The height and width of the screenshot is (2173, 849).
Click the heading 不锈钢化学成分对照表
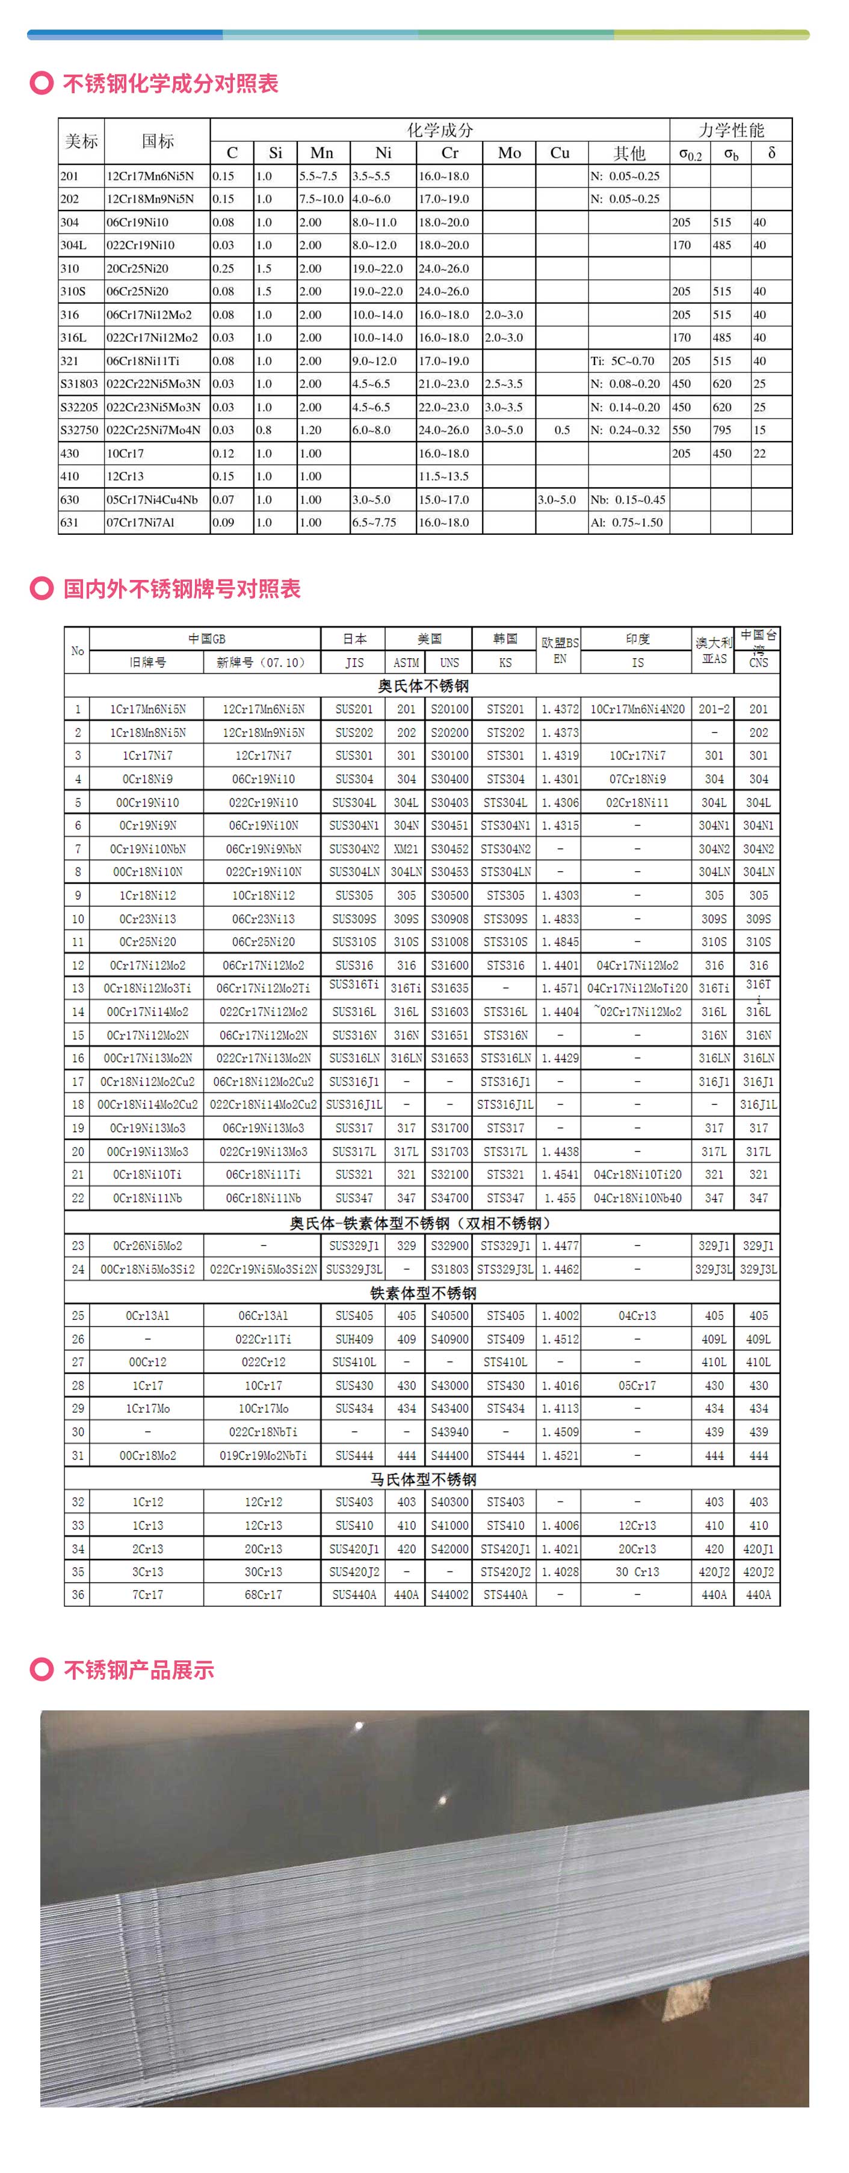[170, 84]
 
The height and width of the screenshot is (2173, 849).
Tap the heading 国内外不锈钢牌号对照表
[182, 589]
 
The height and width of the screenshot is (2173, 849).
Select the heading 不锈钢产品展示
[138, 1670]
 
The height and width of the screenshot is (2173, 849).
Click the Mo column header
[509, 153]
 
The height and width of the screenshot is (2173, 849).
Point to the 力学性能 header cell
[731, 130]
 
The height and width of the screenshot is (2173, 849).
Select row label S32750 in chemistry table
[79, 430]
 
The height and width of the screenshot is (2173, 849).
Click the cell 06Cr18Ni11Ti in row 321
[143, 361]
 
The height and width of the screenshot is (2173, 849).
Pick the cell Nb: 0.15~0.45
[628, 499]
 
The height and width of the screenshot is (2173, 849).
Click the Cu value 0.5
[562, 430]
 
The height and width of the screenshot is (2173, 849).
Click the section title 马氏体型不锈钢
[423, 1479]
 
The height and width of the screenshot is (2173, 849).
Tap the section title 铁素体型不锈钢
[423, 1292]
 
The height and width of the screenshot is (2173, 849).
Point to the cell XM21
[406, 849]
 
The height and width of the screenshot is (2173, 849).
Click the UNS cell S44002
[449, 1594]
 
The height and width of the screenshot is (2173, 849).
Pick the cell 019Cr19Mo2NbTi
[264, 1455]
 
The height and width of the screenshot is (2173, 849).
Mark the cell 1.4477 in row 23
[560, 1245]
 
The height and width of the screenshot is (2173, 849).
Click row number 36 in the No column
[78, 1594]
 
